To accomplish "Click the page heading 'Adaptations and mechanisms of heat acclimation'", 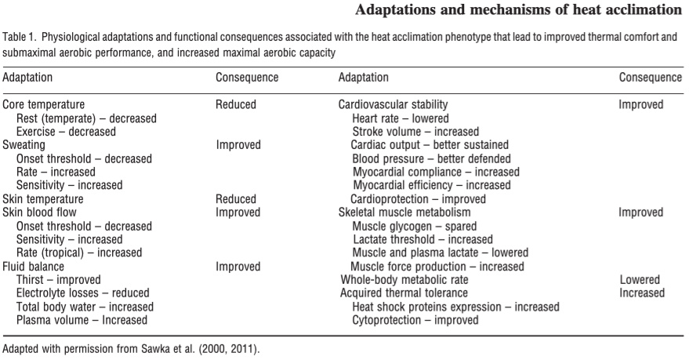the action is (518, 9).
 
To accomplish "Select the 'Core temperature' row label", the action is (43, 104).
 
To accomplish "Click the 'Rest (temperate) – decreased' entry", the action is (86, 118).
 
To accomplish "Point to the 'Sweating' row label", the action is (24, 145).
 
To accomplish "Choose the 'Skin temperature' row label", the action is (42, 199).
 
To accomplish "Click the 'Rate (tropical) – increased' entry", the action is (79, 253).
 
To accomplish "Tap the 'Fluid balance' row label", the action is (33, 267).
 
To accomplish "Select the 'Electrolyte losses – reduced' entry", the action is (82, 293).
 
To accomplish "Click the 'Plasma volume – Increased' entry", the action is (82, 320).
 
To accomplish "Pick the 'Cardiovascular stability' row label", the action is (393, 104).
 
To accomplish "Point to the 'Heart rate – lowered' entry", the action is (401, 118).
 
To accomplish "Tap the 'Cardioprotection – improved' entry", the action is (418, 199).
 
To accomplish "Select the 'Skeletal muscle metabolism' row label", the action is (404, 213).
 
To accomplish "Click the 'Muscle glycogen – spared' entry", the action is (415, 227).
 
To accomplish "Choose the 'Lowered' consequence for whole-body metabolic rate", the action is (640, 280).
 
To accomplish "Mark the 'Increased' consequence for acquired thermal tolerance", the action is (642, 293).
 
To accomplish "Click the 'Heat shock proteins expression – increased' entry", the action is (455, 307).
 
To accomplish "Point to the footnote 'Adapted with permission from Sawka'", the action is (83, 349).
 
